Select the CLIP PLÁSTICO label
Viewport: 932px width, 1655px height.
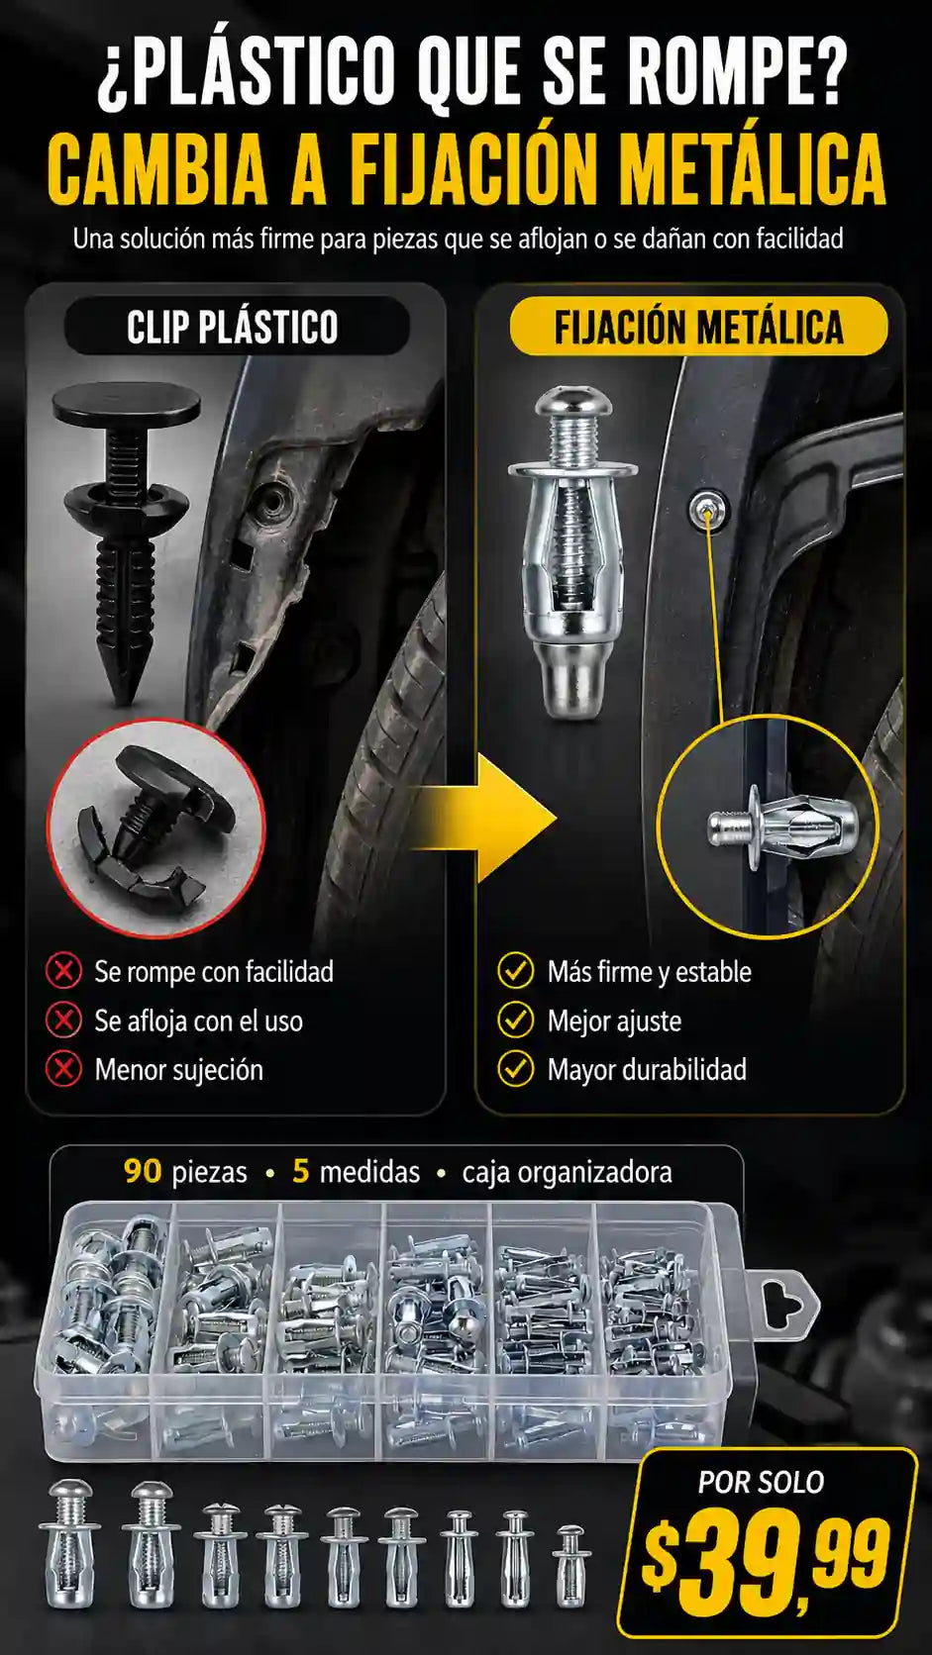[x=233, y=328]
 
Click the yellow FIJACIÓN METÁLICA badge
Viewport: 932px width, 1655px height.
[x=698, y=327]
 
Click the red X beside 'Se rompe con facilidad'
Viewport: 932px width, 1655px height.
[x=63, y=972]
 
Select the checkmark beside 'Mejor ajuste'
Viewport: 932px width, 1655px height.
[x=516, y=1021]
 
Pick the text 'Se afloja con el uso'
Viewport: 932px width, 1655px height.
[x=198, y=1022]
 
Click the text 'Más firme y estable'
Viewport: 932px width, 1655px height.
[x=649, y=972]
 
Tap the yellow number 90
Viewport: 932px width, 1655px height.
[x=143, y=1172]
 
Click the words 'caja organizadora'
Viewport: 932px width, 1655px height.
[x=567, y=1173]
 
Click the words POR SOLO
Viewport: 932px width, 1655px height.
[x=762, y=1482]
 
